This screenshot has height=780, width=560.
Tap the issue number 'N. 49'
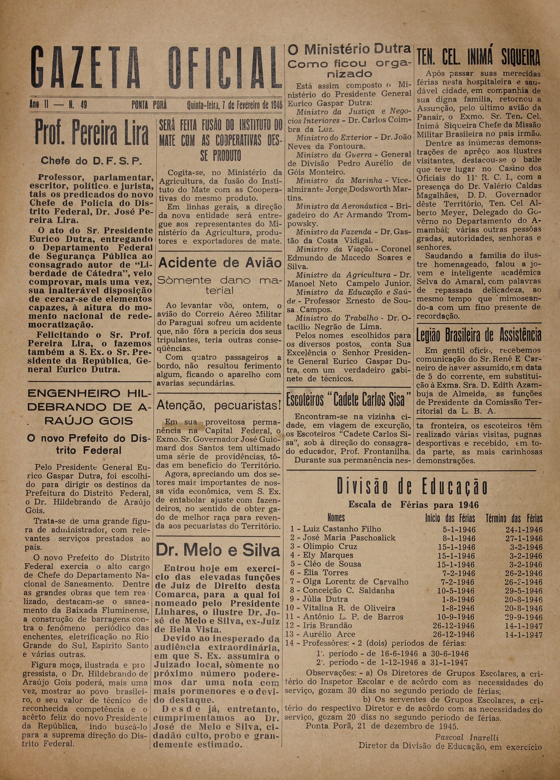tap(78, 106)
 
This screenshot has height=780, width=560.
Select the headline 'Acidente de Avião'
tap(220, 263)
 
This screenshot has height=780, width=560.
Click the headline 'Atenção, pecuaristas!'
tap(219, 404)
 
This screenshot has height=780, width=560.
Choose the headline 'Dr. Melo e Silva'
tap(218, 550)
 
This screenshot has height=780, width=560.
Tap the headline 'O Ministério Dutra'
tap(349, 50)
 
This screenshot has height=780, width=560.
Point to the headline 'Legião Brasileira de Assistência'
tap(479, 335)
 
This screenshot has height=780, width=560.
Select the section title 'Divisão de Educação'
tap(412, 487)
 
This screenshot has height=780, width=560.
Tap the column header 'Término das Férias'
tap(514, 518)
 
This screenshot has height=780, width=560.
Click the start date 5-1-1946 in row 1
tap(459, 530)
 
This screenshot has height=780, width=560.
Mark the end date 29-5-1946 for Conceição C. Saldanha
tap(524, 591)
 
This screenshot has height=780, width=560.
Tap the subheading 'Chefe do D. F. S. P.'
tap(91, 161)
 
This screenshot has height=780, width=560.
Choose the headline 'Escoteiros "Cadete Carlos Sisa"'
tap(349, 400)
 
